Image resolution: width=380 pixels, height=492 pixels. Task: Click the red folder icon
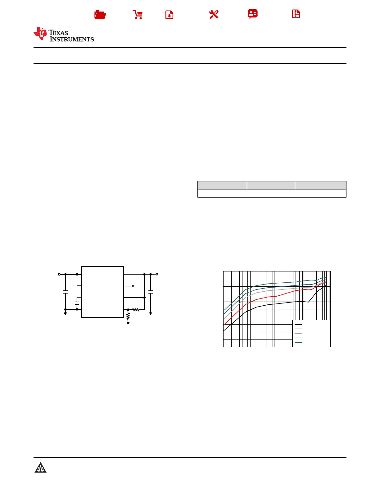coord(100,15)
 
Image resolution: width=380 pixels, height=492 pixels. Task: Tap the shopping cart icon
coord(138,15)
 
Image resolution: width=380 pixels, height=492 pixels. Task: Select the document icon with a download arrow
coord(169,15)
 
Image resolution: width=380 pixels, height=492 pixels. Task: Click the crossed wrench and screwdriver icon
coord(214,15)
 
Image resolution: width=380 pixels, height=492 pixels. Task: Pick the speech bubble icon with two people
coord(253,14)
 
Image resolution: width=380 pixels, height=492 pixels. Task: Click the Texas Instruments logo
coord(64,34)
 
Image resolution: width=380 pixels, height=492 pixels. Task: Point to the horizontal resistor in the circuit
coord(136,309)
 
